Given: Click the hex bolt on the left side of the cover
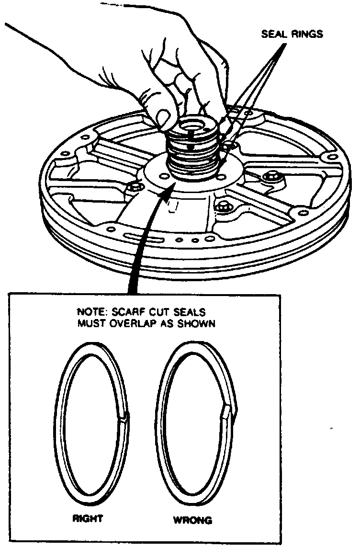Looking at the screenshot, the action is [136, 186].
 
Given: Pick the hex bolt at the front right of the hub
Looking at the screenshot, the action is [224, 207].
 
